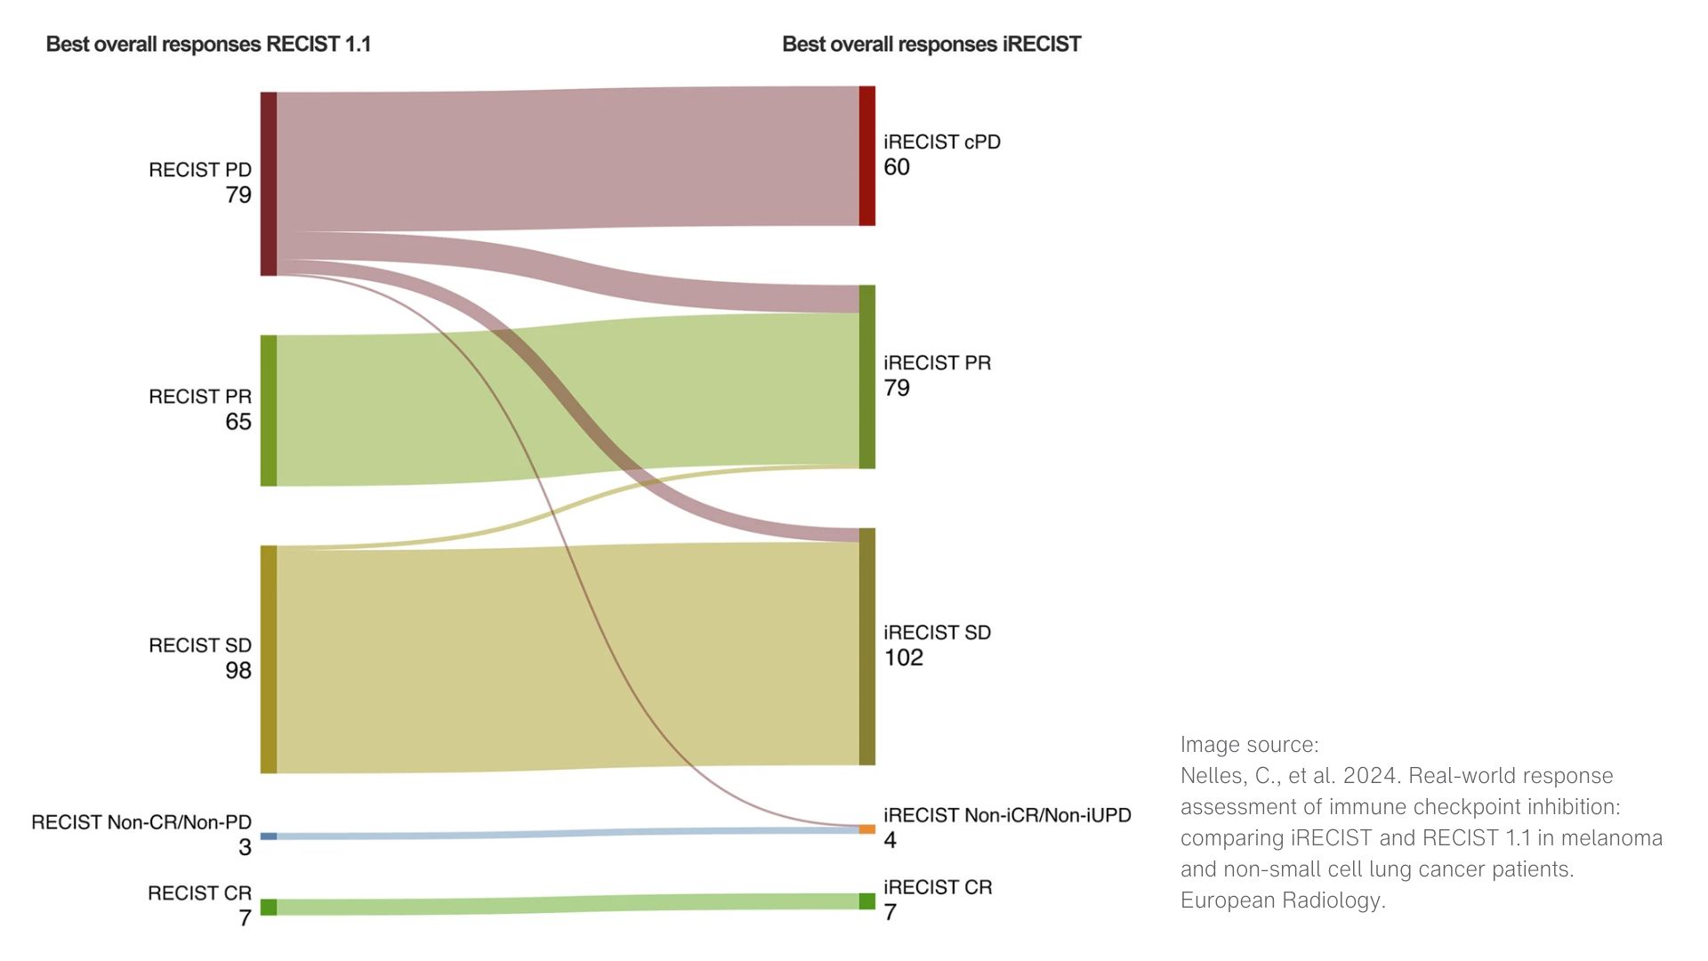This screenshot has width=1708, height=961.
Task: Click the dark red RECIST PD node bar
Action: point(269,183)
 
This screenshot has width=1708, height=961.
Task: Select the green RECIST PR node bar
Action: point(269,410)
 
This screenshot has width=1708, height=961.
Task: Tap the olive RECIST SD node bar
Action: point(269,658)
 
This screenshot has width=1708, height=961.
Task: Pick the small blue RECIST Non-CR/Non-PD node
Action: point(269,836)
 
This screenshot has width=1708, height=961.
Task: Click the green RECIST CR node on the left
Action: point(269,907)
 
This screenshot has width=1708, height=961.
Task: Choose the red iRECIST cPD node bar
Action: point(866,156)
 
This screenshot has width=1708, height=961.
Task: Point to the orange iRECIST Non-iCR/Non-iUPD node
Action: point(866,829)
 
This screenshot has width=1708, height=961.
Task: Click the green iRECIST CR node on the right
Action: point(866,900)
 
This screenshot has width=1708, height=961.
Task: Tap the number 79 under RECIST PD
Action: point(238,195)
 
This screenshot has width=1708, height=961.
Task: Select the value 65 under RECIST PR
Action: point(238,422)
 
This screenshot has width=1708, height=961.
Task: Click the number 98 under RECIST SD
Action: point(238,671)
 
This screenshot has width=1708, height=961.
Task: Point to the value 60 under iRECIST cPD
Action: point(897,167)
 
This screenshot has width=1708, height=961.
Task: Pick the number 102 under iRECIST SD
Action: point(904,658)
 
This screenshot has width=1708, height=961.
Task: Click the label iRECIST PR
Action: point(937,363)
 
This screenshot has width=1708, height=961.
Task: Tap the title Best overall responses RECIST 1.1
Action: point(208,44)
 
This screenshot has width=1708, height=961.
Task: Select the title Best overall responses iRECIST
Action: point(931,44)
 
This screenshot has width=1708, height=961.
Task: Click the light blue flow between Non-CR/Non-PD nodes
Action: point(569,834)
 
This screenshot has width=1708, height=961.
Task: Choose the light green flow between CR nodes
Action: point(569,904)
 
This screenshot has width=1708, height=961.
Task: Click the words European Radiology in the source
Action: point(1282,900)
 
